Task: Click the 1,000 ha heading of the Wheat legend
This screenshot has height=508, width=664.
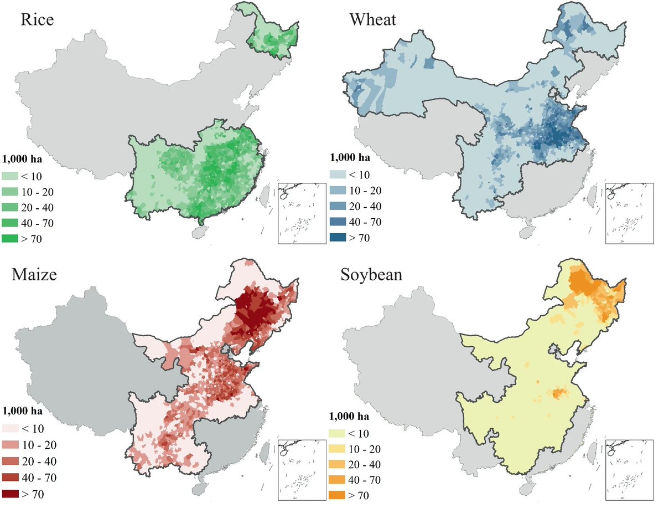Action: pos(350,158)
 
